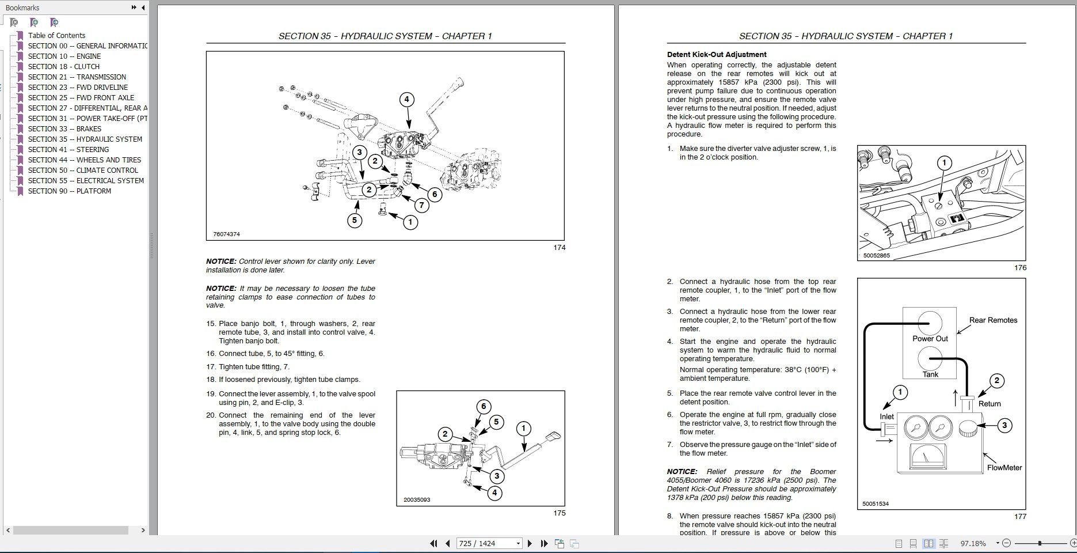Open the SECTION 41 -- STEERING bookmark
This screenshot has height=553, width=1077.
coord(68,149)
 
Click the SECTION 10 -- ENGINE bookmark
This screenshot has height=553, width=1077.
coord(64,56)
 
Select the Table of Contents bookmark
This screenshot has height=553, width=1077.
coord(56,35)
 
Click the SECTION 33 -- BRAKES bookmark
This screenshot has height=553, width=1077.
coord(64,128)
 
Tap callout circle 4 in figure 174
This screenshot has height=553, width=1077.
coord(406,99)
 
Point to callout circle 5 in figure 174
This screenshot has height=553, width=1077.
coord(355,219)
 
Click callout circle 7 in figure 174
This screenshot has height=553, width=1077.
coord(421,204)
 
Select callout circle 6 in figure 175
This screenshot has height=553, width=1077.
coord(484,406)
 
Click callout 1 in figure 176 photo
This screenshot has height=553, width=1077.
coord(943,163)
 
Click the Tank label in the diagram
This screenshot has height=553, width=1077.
coord(930,374)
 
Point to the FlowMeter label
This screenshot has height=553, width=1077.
coord(1004,467)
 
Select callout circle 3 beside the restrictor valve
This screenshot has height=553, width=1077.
coord(1004,426)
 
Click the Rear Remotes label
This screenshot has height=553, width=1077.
coord(993,320)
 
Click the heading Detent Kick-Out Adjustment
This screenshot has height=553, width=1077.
coord(716,55)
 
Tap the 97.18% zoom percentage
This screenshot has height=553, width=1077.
coord(973,543)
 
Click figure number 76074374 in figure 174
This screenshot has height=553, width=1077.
coord(226,234)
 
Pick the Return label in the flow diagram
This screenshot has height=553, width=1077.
coord(989,404)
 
